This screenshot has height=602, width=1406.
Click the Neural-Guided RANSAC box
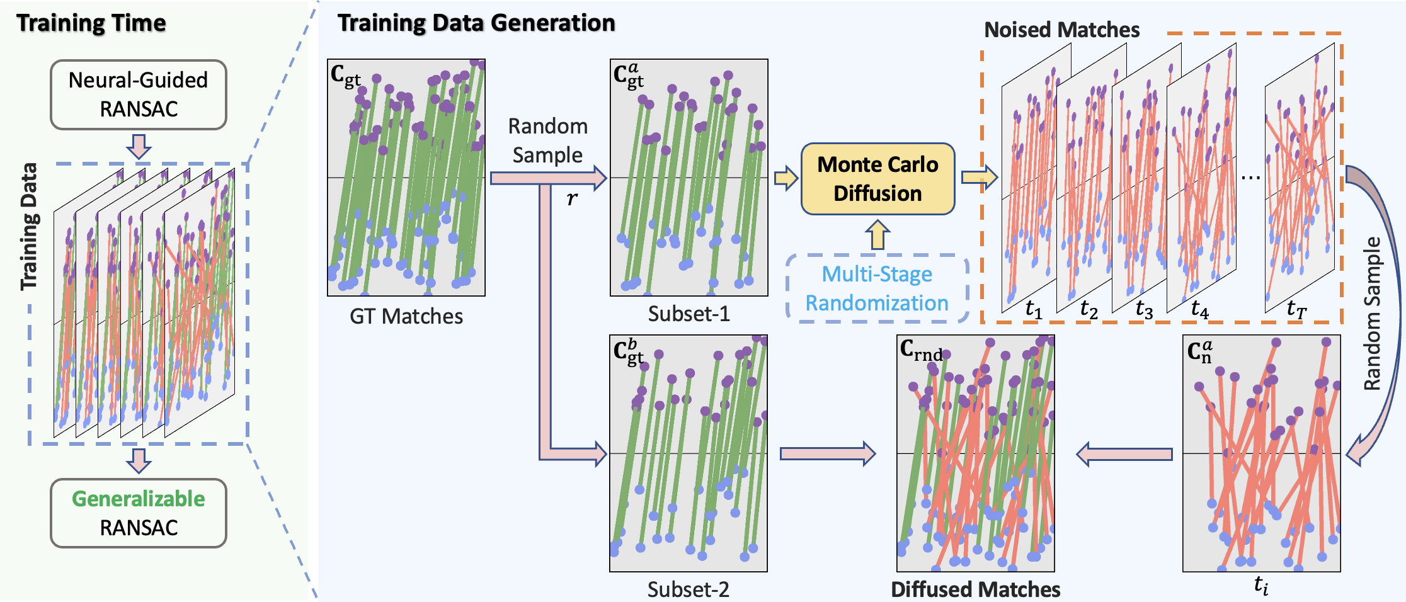[x=138, y=94]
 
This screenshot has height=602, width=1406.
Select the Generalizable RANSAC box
[x=138, y=513]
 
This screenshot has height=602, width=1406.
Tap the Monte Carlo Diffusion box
[x=877, y=179]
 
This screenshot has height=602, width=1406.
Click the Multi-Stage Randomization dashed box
[x=877, y=288]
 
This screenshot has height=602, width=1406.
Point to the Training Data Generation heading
[x=476, y=23]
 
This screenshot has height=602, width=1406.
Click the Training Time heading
[x=91, y=23]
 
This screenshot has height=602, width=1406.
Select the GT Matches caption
[x=406, y=316]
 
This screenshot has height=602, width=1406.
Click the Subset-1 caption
[x=689, y=314]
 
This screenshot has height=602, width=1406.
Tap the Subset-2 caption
[x=688, y=589]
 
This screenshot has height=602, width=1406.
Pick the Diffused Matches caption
[x=975, y=589]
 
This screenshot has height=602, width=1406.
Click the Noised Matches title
[x=1061, y=30]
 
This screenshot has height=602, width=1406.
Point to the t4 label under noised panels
[x=1199, y=309]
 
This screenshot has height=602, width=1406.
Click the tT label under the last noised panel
[x=1296, y=309]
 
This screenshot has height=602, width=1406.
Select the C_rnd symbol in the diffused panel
[x=921, y=350]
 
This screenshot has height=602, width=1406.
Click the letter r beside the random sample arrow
[x=571, y=198]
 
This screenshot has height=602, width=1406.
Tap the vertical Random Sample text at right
[x=1373, y=313]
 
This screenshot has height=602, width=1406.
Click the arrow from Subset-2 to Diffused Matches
[x=827, y=453]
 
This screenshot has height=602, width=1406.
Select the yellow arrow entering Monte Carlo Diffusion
[x=786, y=178]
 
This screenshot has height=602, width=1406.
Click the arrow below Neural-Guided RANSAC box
[x=139, y=146]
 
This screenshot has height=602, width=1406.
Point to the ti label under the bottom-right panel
[x=1261, y=585]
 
